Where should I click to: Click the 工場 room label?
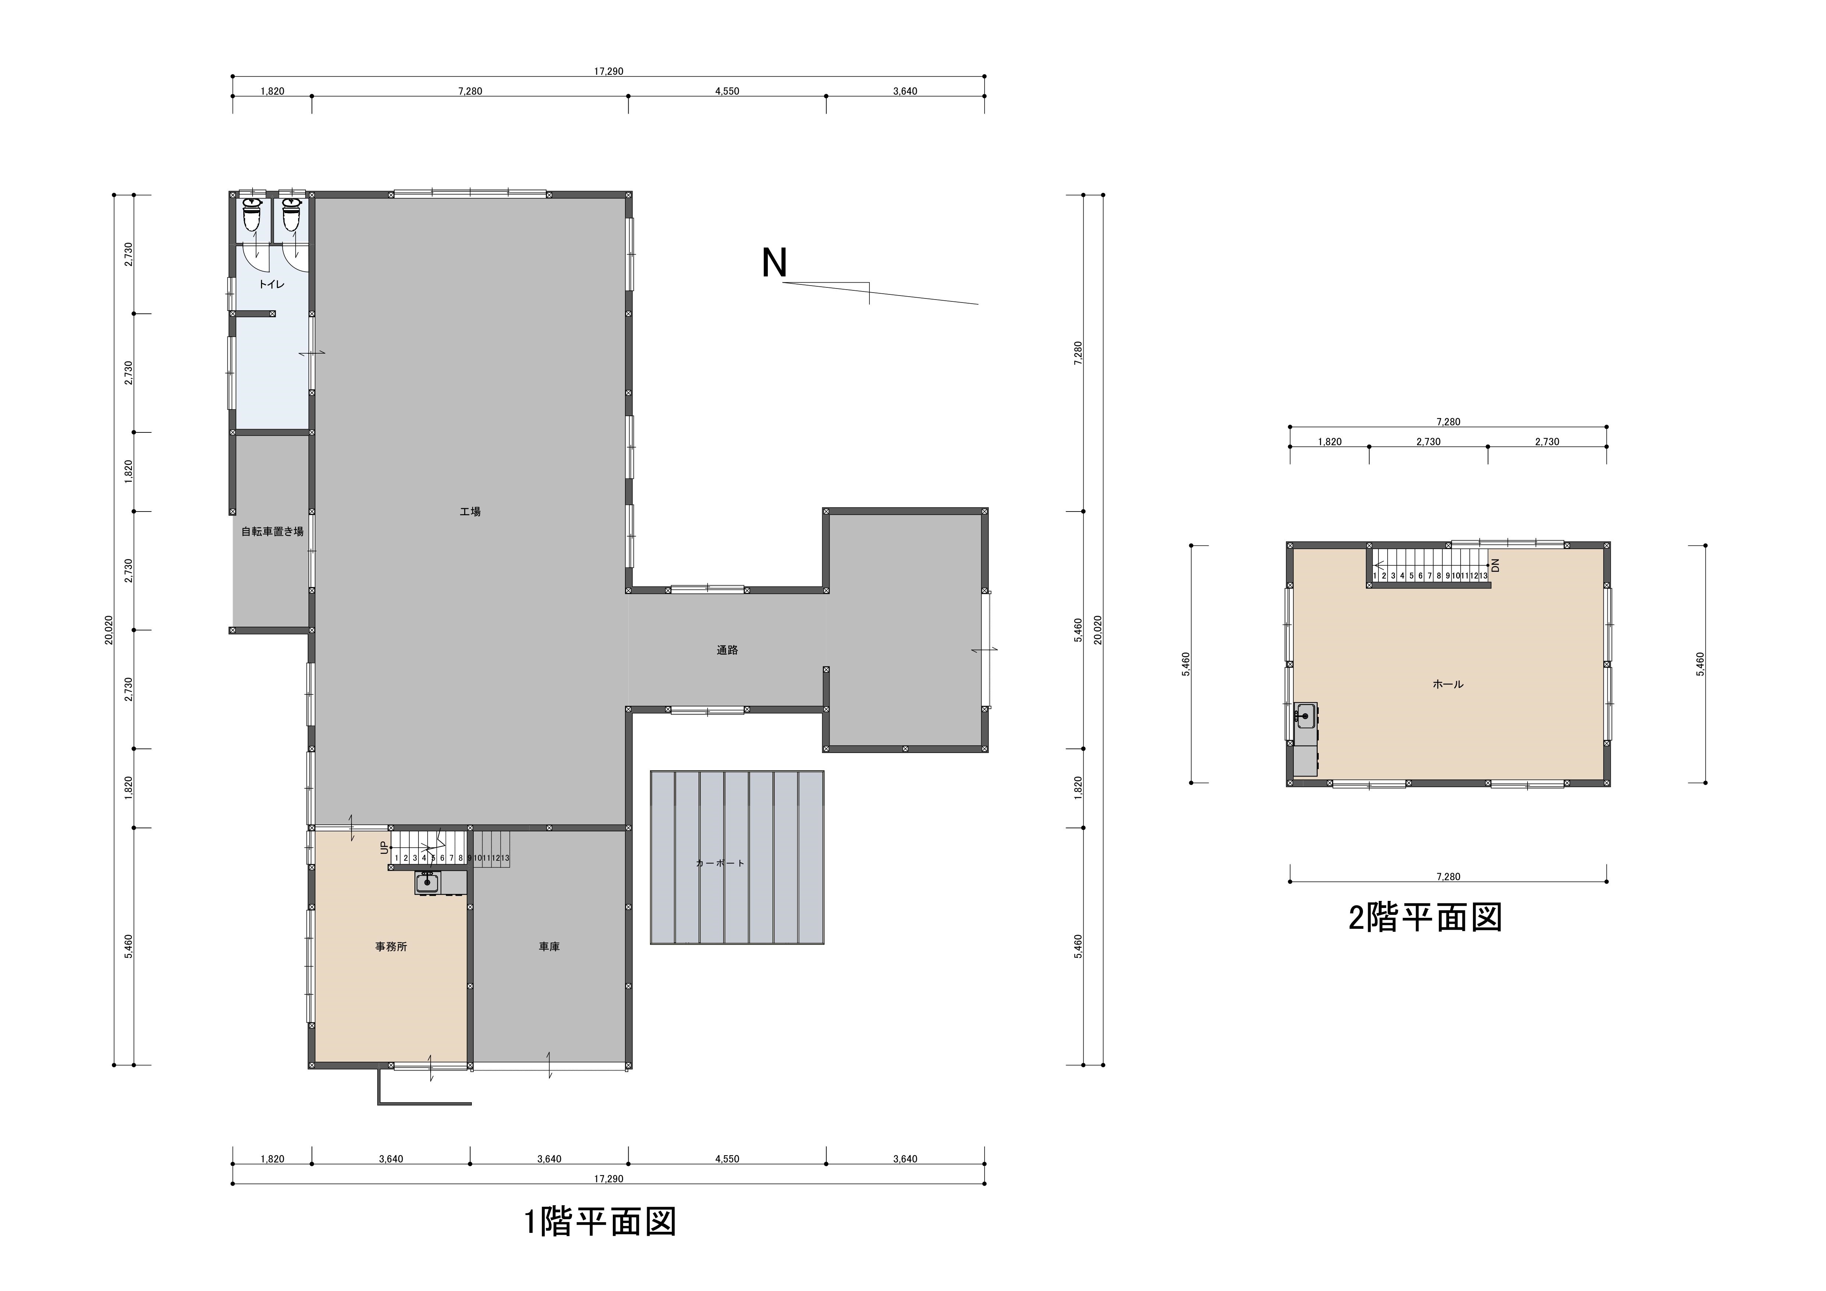pyautogui.click(x=470, y=512)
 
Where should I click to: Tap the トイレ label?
pyautogui.click(x=272, y=284)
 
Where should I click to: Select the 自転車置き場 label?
pyautogui.click(x=273, y=532)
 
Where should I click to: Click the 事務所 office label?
pyautogui.click(x=391, y=947)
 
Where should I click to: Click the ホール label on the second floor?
pyautogui.click(x=1447, y=684)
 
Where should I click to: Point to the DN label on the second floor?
pyautogui.click(x=1495, y=565)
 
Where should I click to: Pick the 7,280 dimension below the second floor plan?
pyautogui.click(x=1448, y=877)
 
